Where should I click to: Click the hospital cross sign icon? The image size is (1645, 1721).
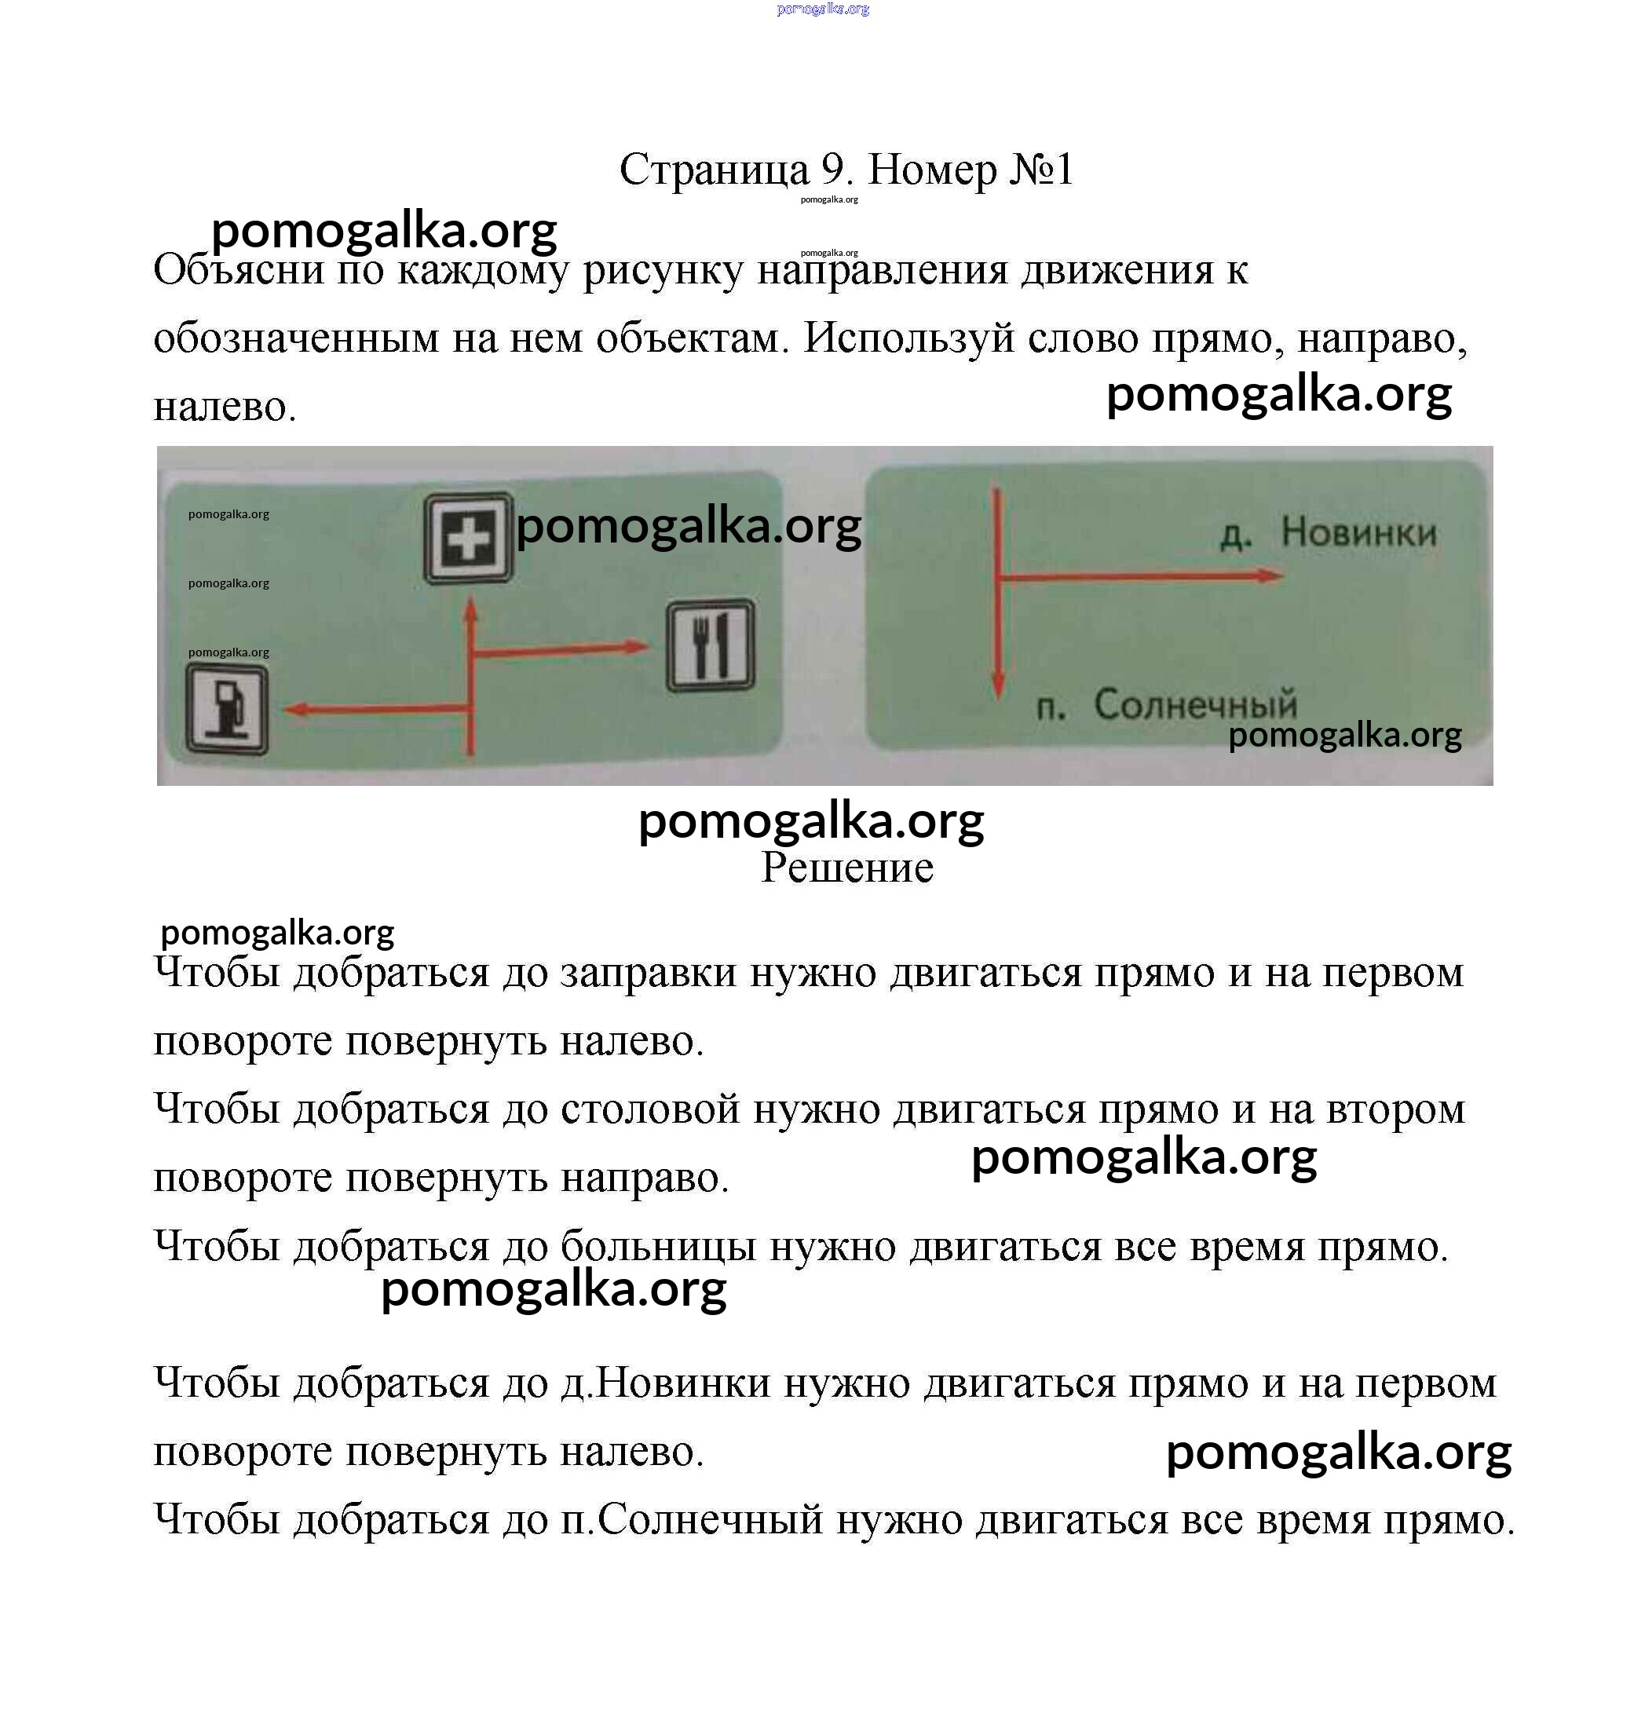point(468,538)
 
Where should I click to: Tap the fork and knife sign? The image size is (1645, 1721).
point(711,646)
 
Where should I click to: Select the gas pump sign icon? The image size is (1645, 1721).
point(227,709)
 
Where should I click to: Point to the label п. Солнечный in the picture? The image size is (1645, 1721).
point(1166,704)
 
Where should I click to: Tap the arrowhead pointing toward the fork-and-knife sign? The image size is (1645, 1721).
point(638,647)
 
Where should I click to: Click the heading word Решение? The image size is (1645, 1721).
point(846,867)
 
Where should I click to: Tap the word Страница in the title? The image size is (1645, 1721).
point(714,170)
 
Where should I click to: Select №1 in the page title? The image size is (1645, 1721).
point(1041,170)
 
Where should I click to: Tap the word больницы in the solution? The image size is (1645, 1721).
point(658,1246)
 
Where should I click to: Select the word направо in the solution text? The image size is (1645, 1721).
point(645,1178)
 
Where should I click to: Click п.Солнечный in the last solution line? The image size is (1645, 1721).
point(692,1519)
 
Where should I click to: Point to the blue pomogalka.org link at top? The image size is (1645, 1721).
point(823,9)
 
